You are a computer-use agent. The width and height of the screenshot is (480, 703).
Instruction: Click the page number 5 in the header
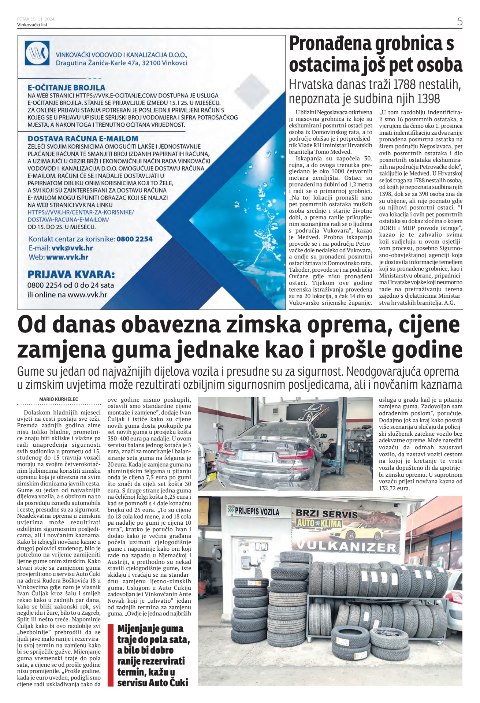[x=459, y=21]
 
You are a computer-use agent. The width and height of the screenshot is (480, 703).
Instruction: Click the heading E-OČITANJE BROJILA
[x=66, y=88]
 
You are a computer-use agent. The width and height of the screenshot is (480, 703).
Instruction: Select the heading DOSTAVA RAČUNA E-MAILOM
[x=83, y=139]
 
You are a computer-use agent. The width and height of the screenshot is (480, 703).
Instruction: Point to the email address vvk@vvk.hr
[x=72, y=248]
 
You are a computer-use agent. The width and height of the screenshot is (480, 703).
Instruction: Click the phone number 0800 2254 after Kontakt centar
[x=134, y=239]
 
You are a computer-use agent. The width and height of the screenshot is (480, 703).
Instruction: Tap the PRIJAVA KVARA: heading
[x=71, y=274]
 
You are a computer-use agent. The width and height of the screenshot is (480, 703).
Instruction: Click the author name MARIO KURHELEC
[x=59, y=399]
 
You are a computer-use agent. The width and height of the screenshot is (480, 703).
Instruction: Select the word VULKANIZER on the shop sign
[x=346, y=547]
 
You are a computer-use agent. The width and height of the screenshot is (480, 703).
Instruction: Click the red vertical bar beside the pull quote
[x=111, y=655]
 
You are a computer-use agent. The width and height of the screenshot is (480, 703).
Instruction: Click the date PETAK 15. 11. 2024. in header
[x=36, y=19]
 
